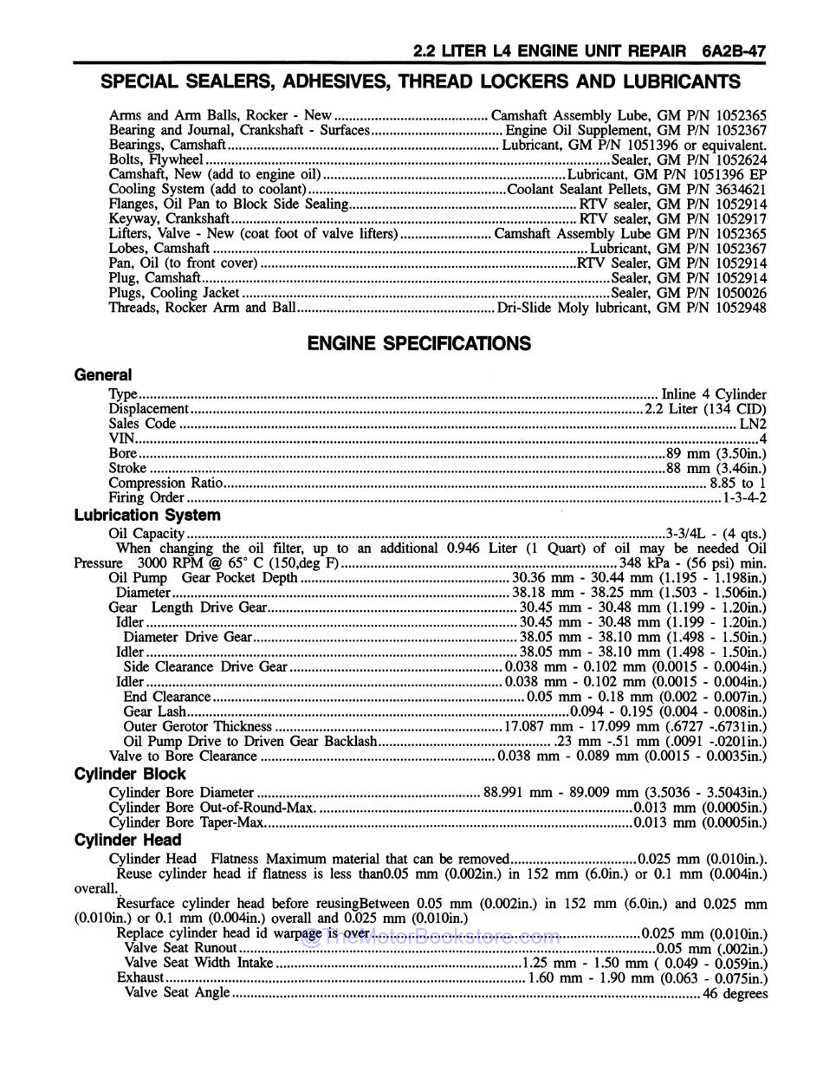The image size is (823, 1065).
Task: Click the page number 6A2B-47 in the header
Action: click(734, 51)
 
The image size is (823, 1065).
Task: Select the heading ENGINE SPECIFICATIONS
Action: click(419, 344)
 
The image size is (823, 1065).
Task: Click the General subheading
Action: click(103, 375)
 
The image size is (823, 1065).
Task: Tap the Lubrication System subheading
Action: click(147, 515)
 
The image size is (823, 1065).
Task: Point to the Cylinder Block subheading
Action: click(130, 774)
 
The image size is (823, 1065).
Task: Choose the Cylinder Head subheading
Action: click(128, 840)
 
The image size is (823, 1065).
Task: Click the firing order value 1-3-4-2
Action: click(744, 498)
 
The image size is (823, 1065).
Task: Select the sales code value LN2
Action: click(752, 425)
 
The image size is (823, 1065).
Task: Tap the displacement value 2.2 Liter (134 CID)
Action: click(705, 409)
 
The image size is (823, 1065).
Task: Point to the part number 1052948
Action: click(742, 308)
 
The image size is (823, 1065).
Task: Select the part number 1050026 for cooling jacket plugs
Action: click(742, 293)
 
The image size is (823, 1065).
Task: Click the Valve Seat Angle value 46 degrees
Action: click(735, 994)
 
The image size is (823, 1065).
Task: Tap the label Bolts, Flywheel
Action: click(156, 160)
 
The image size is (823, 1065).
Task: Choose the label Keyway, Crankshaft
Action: click(169, 219)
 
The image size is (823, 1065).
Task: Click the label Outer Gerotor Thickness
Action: click(198, 727)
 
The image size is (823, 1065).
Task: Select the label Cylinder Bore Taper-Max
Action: click(186, 822)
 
